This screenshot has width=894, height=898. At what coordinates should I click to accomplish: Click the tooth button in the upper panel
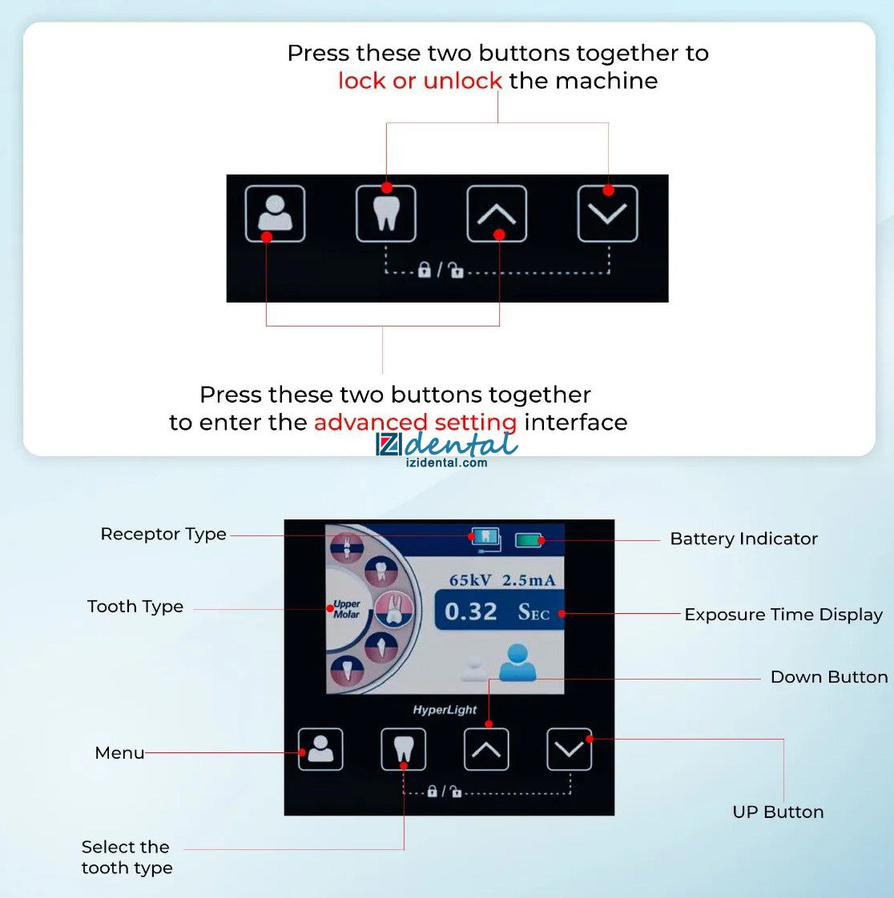click(385, 214)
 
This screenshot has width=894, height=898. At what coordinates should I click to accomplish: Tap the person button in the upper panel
click(275, 214)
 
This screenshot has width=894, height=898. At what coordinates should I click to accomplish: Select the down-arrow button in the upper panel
click(607, 214)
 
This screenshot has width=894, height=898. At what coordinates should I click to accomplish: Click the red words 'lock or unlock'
click(420, 81)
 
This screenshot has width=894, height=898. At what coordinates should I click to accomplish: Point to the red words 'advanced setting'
click(416, 423)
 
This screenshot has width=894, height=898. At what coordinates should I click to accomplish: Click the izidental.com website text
click(446, 463)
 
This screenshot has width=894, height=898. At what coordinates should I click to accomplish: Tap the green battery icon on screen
click(529, 539)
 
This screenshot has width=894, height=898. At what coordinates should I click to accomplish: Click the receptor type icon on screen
click(486, 539)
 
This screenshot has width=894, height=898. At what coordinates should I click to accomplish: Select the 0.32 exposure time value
click(470, 611)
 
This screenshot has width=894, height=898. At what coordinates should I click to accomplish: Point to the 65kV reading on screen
click(470, 580)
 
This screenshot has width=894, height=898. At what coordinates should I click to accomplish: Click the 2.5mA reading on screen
click(529, 580)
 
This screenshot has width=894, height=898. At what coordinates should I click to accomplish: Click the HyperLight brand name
click(445, 710)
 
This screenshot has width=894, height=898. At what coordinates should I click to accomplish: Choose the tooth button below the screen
click(404, 749)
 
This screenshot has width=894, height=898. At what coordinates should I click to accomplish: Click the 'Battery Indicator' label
click(744, 539)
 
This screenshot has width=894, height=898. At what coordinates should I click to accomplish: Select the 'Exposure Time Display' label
click(783, 615)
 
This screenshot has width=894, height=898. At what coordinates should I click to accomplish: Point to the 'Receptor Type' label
click(163, 535)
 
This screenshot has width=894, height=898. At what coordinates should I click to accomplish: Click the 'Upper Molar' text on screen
click(347, 609)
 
